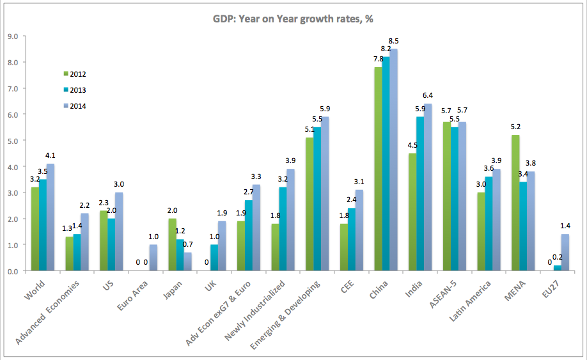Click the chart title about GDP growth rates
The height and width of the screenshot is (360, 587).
click(x=293, y=19)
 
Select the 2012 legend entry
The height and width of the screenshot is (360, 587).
click(x=77, y=74)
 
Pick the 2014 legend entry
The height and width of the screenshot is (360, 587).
click(x=77, y=106)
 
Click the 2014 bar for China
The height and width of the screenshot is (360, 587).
click(x=394, y=160)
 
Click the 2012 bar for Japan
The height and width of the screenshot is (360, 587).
click(x=172, y=245)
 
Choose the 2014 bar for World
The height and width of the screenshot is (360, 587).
click(x=50, y=217)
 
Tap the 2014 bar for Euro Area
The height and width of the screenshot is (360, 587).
click(x=153, y=258)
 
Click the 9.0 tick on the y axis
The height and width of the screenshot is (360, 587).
click(x=12, y=36)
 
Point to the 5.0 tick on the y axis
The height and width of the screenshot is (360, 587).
click(x=12, y=141)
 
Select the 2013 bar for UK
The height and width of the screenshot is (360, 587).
click(x=214, y=258)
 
